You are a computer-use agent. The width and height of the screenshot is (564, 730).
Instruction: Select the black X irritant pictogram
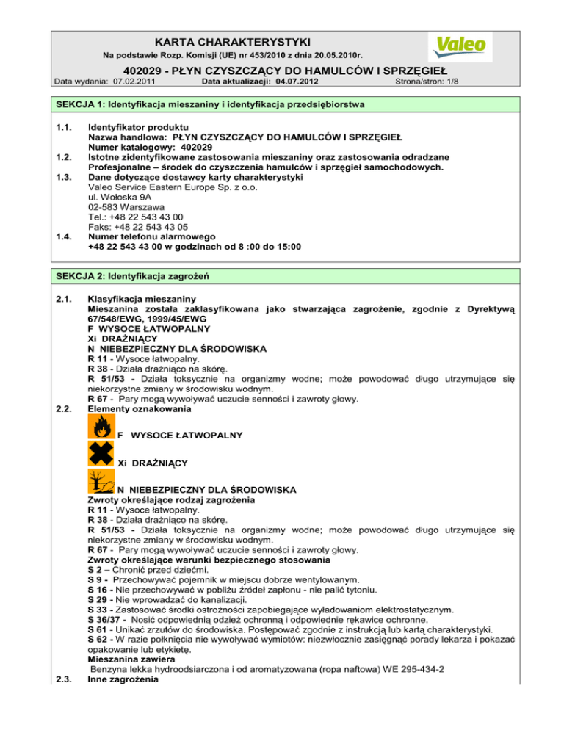point(101,460)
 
